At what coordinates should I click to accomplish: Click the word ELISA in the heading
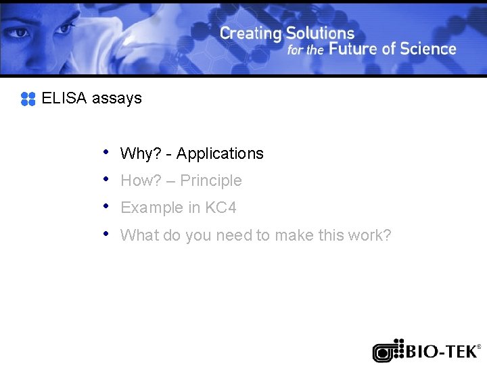point(64,98)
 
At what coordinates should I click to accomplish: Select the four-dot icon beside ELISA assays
point(28,99)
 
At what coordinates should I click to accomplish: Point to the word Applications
point(220,154)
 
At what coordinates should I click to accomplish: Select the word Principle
point(210,181)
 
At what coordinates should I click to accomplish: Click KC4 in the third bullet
point(221,208)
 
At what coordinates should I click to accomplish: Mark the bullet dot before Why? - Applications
point(106,151)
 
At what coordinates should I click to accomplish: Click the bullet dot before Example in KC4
point(106,205)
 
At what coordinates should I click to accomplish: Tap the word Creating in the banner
point(250,32)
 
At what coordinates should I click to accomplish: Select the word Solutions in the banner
point(320,32)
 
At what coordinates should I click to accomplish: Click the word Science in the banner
point(428,49)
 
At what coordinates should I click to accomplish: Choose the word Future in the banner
point(354,49)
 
